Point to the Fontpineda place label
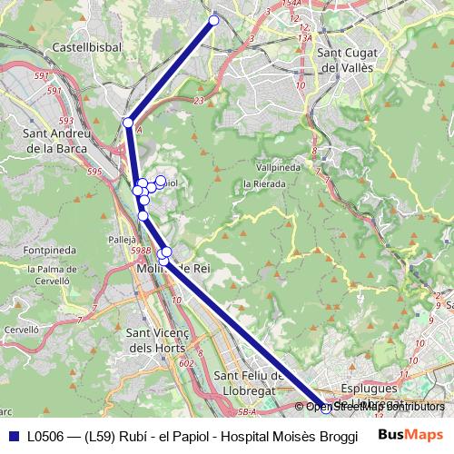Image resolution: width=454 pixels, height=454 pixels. [x=50, y=249]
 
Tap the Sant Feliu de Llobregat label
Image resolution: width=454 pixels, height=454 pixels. [x=248, y=382]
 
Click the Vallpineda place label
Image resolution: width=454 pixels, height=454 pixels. [x=279, y=168]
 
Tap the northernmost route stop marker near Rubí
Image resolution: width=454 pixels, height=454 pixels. [x=214, y=20]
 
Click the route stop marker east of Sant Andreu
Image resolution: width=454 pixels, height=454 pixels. [x=128, y=122]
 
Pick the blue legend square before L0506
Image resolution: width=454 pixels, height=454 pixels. [x=14, y=435]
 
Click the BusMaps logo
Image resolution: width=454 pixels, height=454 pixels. [x=410, y=434]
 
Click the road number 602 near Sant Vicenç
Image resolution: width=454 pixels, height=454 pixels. [x=186, y=363]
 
